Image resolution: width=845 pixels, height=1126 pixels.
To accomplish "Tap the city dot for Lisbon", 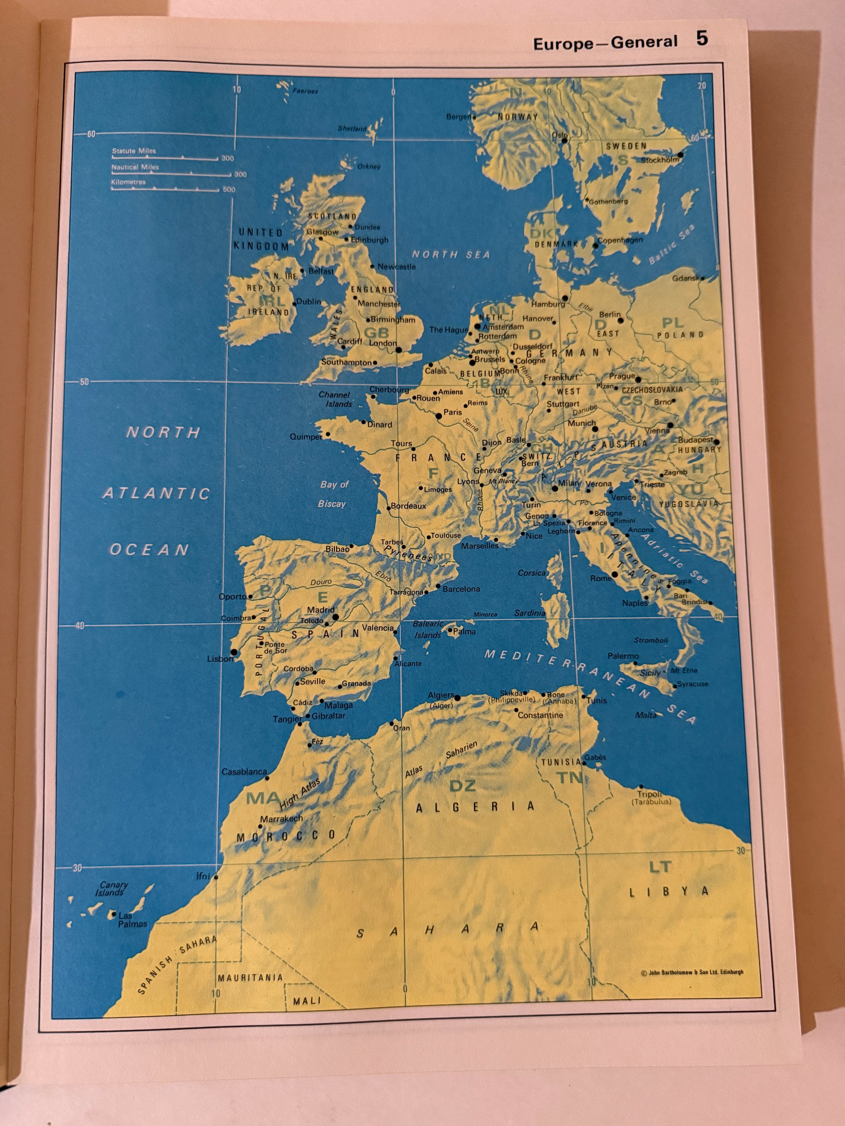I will [x=234, y=652].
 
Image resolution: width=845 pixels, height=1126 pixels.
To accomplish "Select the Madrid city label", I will [x=320, y=609].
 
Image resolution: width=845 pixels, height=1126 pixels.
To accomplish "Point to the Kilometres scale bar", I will [x=166, y=189].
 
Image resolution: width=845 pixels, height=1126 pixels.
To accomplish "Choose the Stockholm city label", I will [x=660, y=160].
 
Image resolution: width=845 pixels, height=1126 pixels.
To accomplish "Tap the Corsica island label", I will [x=531, y=573].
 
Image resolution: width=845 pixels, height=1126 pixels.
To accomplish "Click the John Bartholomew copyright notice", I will [x=692, y=972].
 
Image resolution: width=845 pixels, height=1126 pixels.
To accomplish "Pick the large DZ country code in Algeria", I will [x=462, y=785].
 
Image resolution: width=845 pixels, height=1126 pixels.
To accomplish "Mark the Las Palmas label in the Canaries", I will [x=132, y=919].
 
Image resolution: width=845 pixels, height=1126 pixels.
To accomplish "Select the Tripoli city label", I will [x=650, y=794].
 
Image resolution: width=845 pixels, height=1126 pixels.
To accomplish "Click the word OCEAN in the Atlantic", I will [x=149, y=550].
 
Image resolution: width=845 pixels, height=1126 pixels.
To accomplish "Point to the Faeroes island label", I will [x=305, y=91].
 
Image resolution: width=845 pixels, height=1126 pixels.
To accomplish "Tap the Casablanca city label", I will [x=244, y=771].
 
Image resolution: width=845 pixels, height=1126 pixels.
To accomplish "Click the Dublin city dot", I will [x=294, y=305].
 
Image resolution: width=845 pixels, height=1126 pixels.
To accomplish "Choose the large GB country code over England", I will [x=377, y=333].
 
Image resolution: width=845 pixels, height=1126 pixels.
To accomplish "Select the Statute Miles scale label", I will [x=134, y=151].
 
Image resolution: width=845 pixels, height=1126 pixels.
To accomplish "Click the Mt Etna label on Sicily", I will [x=683, y=670].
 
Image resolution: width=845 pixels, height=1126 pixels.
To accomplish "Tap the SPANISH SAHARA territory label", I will [x=176, y=965].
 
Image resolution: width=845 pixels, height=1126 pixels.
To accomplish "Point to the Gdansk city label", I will [x=685, y=279].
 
